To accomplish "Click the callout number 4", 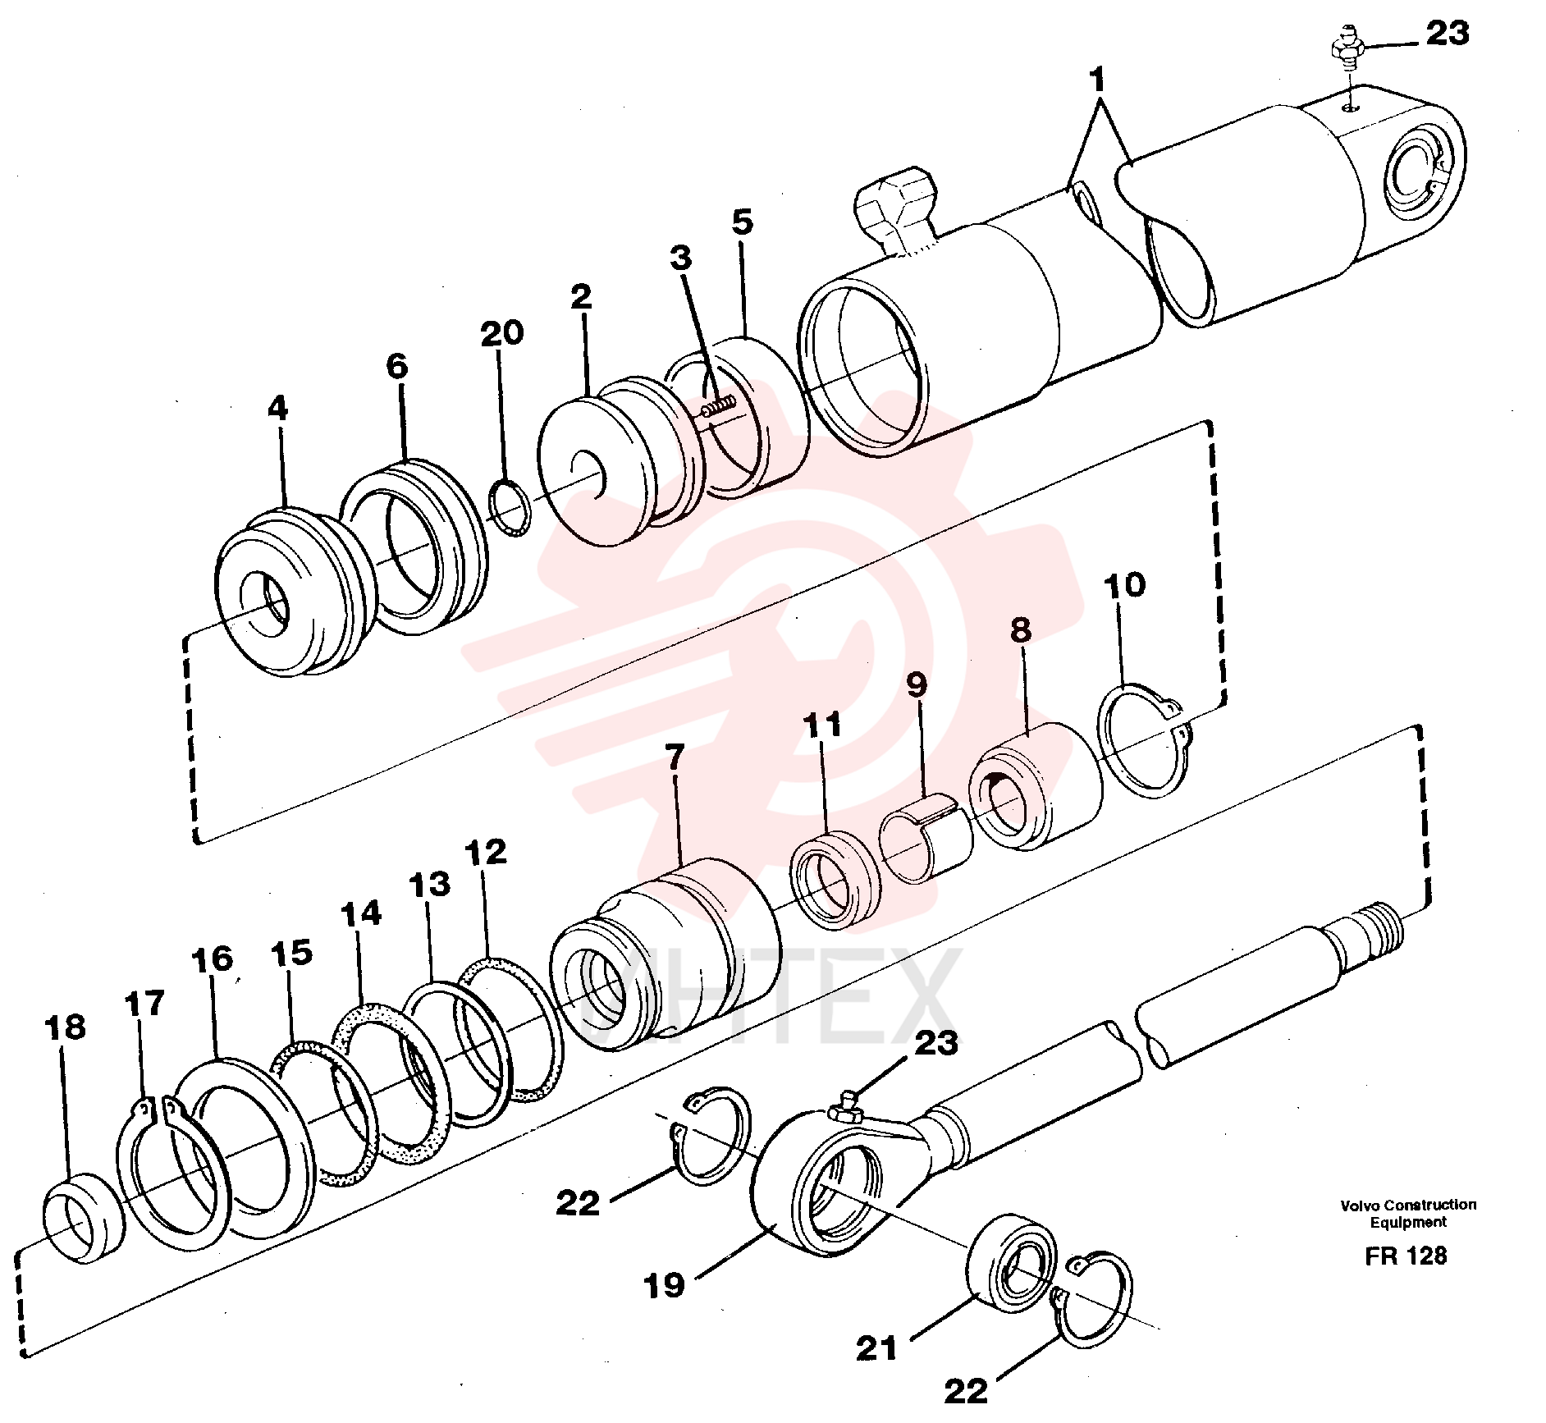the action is tap(278, 408).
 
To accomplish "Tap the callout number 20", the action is tap(501, 333).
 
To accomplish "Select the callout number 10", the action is tap(1124, 586).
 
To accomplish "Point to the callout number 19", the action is tap(664, 1285).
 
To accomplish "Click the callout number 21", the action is tap(876, 1348).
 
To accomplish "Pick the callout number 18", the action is tap(65, 1027).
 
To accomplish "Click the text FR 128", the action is tap(1406, 1256).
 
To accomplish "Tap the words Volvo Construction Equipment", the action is tap(1408, 1213).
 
